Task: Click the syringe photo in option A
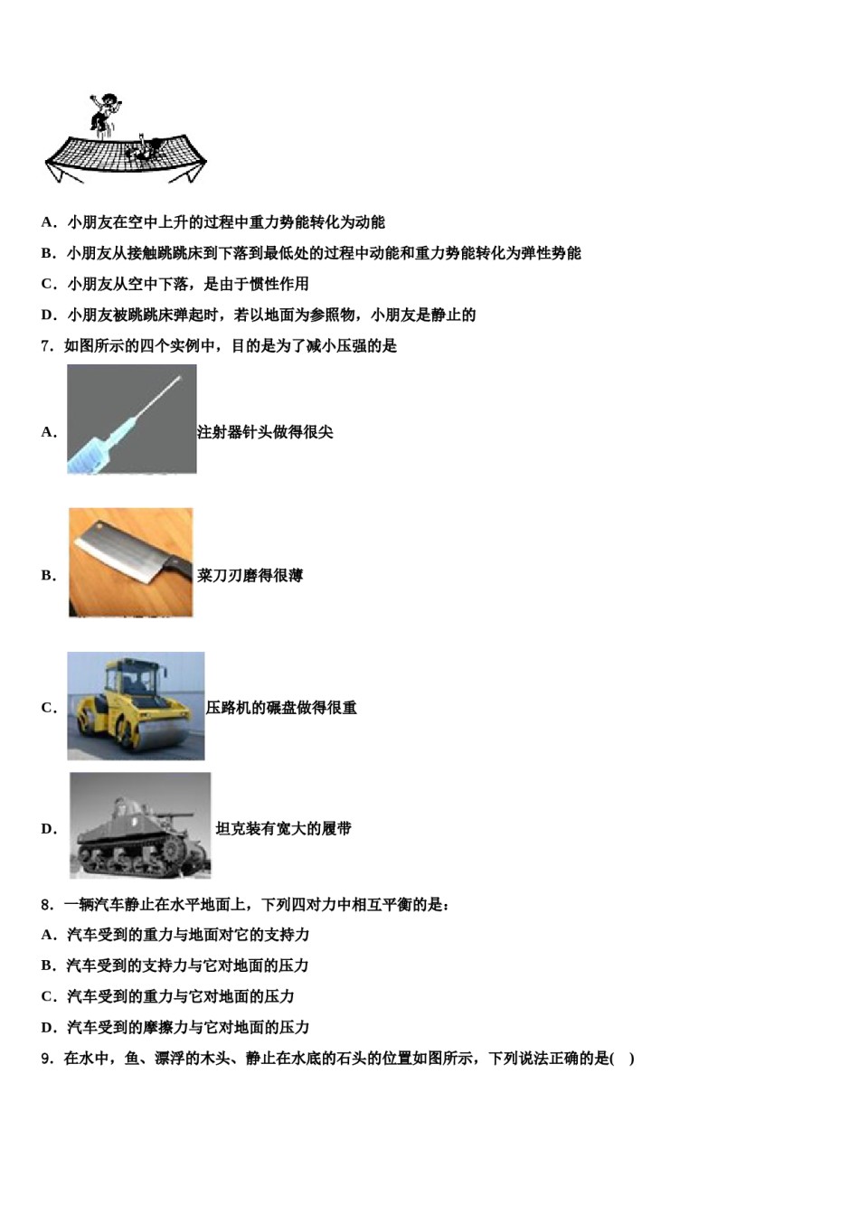[x=131, y=419]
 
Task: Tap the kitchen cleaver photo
[x=130, y=562]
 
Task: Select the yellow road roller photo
[x=136, y=705]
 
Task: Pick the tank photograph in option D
[x=140, y=824]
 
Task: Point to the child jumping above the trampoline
[x=103, y=112]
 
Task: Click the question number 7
[x=47, y=345]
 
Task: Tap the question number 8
[x=47, y=904]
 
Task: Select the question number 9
[x=47, y=1058]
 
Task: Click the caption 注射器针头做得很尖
[x=265, y=432]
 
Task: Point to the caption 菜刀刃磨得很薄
[x=250, y=575]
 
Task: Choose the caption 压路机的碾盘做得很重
[x=281, y=707]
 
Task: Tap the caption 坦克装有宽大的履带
[x=283, y=828]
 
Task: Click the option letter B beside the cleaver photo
[x=48, y=575]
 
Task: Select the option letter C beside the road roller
[x=48, y=707]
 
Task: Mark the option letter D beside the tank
[x=48, y=828]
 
